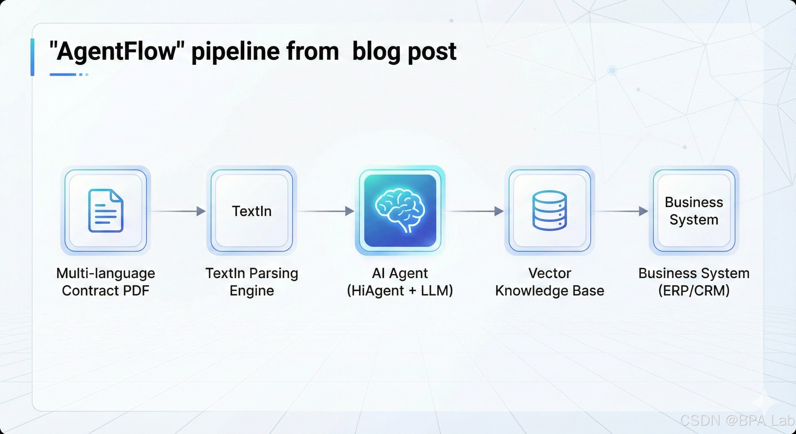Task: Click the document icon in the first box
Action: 106,211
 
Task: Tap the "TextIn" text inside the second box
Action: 252,211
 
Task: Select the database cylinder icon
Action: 550,211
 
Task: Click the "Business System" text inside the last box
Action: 694,211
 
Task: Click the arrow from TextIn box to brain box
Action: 326,211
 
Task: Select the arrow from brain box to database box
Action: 475,211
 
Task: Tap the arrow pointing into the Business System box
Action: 621,211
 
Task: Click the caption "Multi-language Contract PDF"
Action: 106,282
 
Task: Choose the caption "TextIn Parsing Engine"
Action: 252,282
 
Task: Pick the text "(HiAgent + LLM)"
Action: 400,291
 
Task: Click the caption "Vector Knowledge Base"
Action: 550,282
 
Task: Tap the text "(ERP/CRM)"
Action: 694,291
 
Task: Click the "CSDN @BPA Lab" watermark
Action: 737,420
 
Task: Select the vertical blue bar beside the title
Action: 33,57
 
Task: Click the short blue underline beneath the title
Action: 63,74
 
